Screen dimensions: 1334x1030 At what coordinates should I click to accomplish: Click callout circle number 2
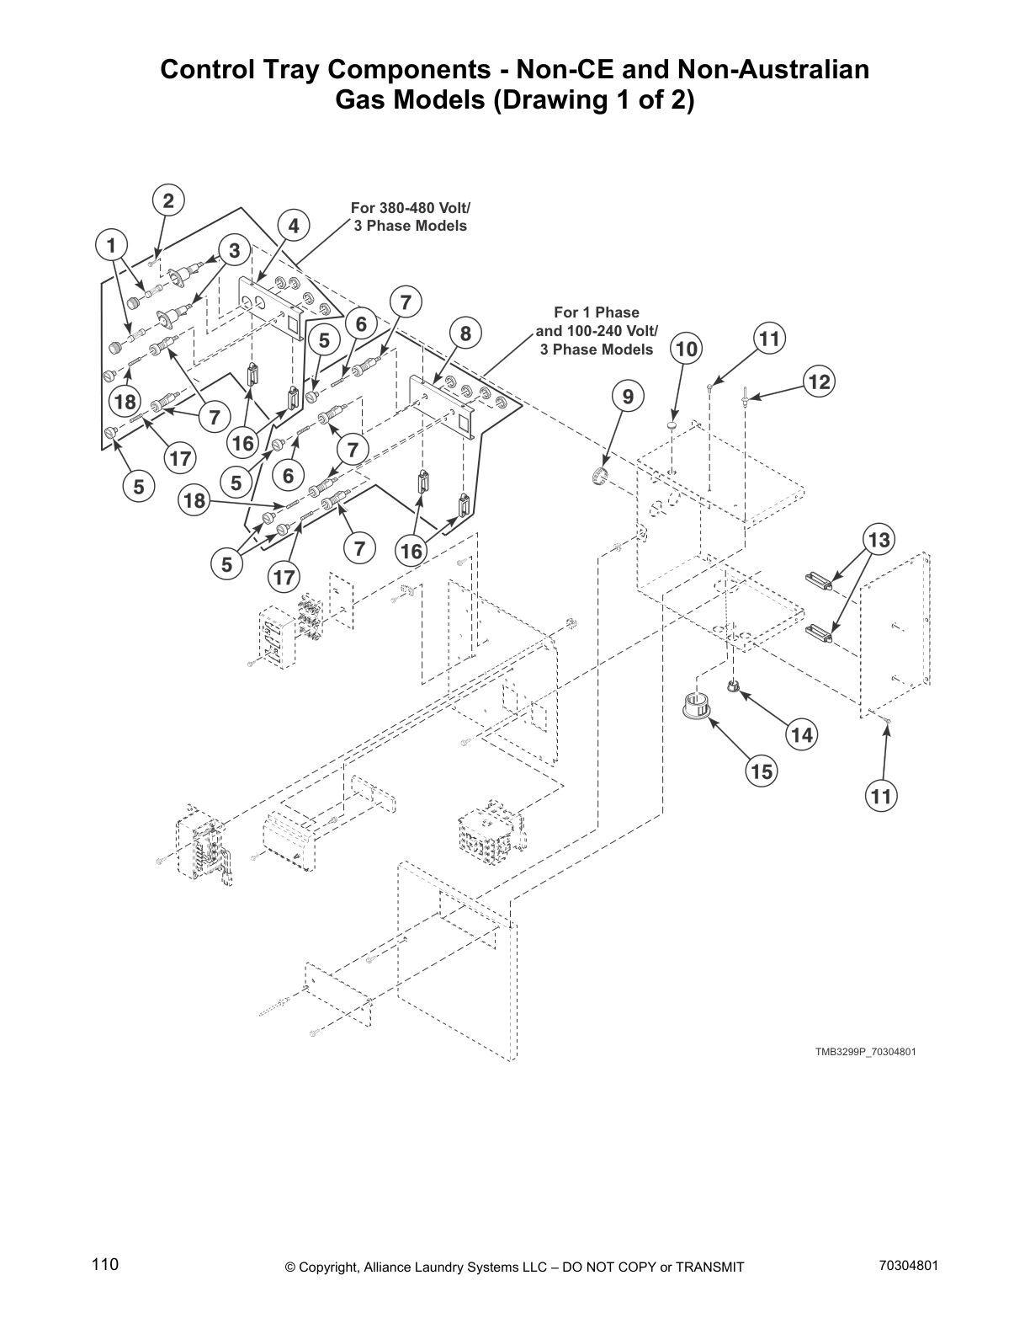tap(168, 201)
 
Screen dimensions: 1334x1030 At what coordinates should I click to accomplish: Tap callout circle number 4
tap(293, 226)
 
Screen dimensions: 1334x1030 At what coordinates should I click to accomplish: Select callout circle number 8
tap(465, 333)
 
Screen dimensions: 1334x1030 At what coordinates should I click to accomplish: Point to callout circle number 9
tap(628, 395)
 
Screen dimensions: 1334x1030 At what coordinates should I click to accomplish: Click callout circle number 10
tap(687, 349)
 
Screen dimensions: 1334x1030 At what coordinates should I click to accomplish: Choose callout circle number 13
tap(879, 539)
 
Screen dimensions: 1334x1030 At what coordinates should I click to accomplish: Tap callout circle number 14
tap(802, 735)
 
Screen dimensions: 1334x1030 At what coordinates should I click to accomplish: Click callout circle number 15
tap(762, 771)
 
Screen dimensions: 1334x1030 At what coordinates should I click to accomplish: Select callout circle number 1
tap(109, 246)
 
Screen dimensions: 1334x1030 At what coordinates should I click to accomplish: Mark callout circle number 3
tap(234, 250)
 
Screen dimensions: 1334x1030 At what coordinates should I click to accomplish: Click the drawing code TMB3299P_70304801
tap(864, 1052)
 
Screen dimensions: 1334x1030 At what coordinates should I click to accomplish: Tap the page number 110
tap(105, 1264)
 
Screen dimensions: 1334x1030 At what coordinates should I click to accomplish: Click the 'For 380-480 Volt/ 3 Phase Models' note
tap(410, 216)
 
